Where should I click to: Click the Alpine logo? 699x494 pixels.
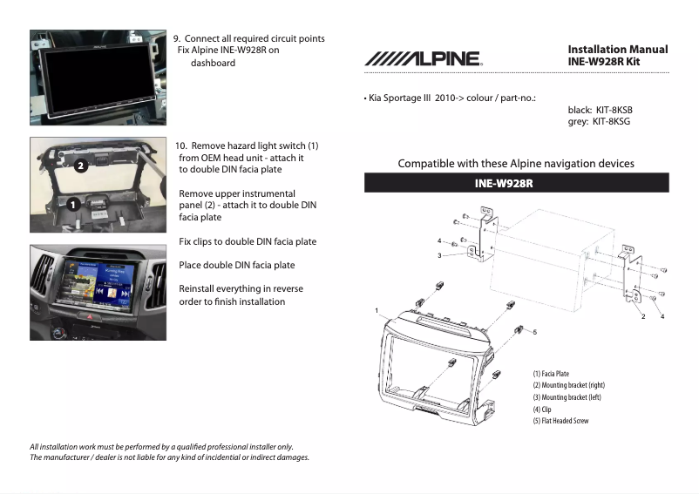(x=423, y=58)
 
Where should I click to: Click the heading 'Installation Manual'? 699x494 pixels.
(x=617, y=50)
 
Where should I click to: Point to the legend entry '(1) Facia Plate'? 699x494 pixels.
(x=551, y=374)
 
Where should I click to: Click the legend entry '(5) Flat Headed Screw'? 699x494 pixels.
(x=560, y=421)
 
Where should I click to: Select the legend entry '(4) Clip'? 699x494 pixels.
(x=542, y=409)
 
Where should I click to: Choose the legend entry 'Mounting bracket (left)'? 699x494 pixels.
(x=567, y=397)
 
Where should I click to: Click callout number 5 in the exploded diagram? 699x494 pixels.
(x=534, y=332)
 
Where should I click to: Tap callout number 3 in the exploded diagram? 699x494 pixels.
(x=439, y=255)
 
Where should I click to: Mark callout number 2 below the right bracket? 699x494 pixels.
(x=642, y=315)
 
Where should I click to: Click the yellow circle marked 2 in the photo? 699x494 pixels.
(x=78, y=165)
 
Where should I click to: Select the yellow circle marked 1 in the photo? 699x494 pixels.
(x=73, y=202)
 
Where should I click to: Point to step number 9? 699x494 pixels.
(x=177, y=38)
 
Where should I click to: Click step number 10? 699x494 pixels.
(x=180, y=145)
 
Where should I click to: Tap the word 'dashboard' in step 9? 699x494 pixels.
(x=213, y=63)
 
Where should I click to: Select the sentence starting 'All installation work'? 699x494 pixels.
(x=161, y=447)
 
